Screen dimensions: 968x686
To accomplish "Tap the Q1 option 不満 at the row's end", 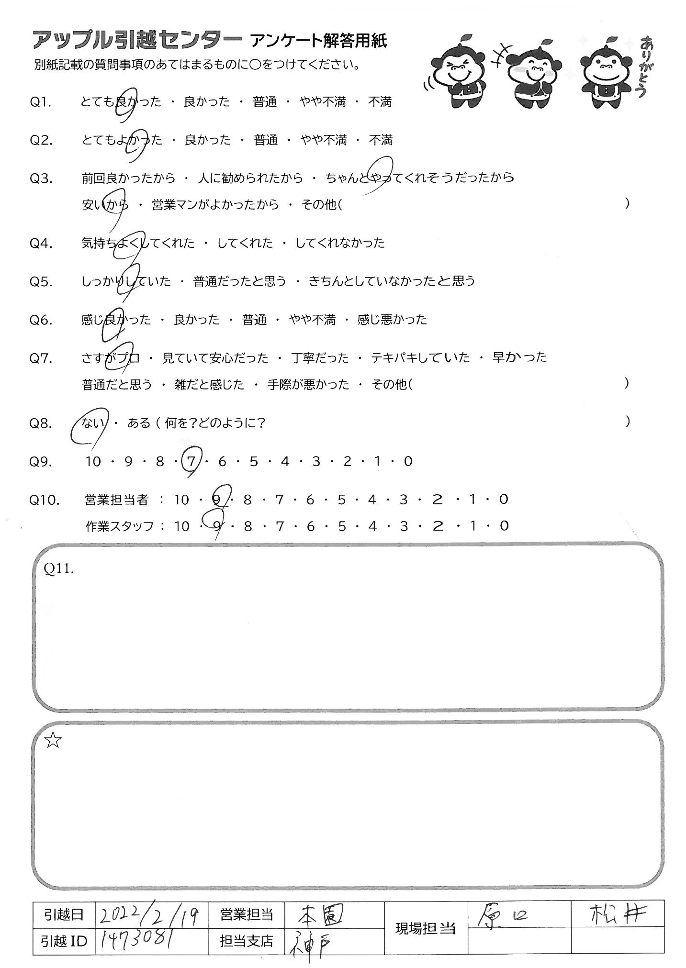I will point(380,102).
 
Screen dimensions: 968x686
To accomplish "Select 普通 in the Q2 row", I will point(266,140).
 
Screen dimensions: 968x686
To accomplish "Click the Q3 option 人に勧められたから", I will point(250,178).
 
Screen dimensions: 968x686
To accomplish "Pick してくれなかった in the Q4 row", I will point(340,243).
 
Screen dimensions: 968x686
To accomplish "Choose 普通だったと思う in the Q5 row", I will point(239,281).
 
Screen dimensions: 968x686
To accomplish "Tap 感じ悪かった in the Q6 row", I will point(392,320).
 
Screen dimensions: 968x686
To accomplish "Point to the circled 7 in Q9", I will point(191,462).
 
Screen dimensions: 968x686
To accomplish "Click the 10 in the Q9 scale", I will point(93,462).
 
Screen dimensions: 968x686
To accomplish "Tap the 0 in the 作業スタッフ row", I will point(503,526).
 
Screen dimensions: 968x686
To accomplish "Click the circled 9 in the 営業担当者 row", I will point(216,500).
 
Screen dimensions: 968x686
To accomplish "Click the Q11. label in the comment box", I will point(58,568).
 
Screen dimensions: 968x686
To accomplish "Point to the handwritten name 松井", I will point(617,914).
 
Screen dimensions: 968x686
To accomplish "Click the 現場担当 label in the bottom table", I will point(425,929).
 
